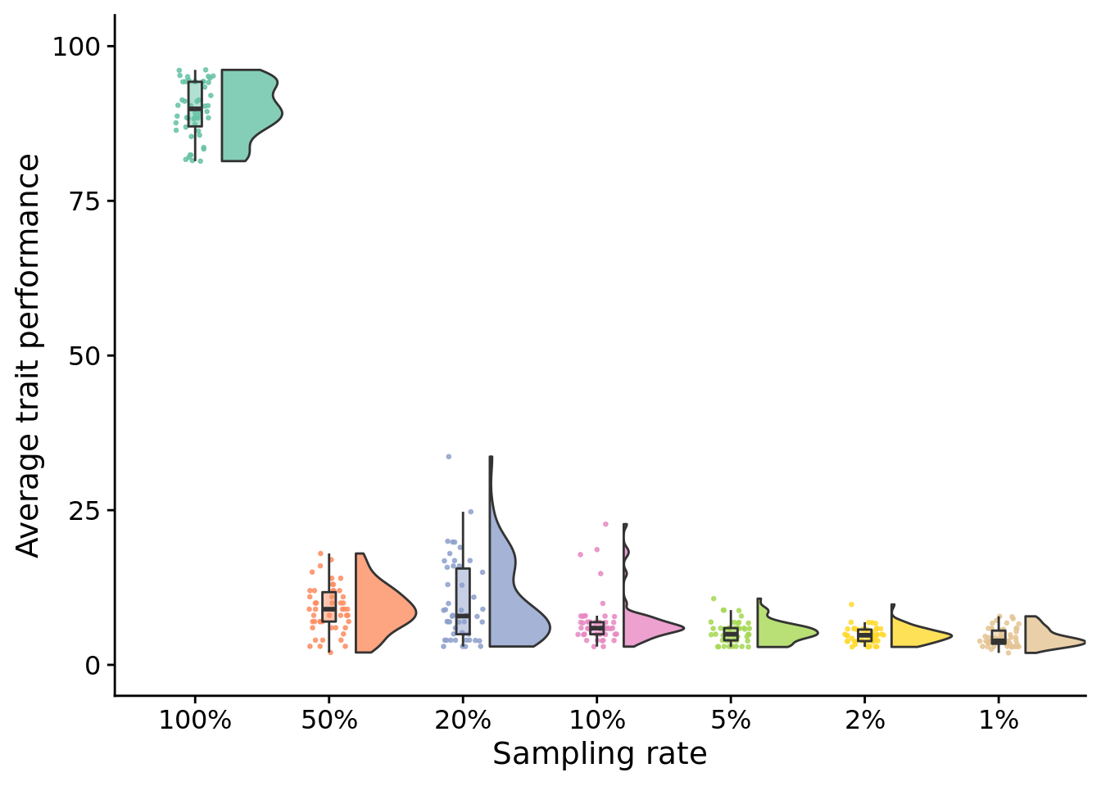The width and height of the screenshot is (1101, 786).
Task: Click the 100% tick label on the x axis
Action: (195, 721)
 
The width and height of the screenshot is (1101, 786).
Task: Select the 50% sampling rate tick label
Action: (328, 721)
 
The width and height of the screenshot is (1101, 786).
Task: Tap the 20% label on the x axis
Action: (463, 721)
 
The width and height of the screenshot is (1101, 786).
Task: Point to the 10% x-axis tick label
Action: (596, 721)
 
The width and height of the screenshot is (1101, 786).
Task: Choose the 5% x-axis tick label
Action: (731, 721)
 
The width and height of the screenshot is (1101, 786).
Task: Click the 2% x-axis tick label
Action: (864, 721)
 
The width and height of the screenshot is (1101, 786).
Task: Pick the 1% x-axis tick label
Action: (999, 721)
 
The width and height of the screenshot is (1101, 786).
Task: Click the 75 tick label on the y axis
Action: (82, 201)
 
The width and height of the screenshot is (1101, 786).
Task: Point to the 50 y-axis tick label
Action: (82, 356)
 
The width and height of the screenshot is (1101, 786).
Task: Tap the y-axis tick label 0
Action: (92, 665)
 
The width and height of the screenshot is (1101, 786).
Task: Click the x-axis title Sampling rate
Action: (600, 754)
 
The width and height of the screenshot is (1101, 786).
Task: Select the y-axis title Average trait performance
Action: (29, 355)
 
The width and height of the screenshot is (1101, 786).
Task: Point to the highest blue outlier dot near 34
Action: (448, 456)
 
